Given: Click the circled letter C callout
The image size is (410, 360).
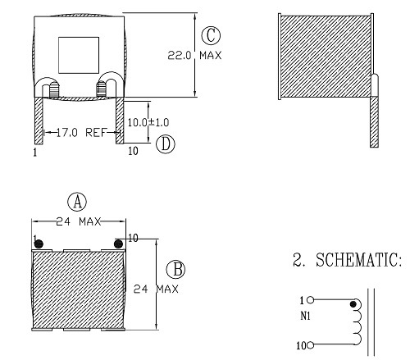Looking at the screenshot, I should (x=212, y=36).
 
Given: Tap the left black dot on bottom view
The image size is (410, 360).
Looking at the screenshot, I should (x=38, y=241).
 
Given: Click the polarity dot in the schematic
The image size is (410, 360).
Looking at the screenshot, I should (x=354, y=305).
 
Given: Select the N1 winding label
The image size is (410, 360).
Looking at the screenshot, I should (x=305, y=315).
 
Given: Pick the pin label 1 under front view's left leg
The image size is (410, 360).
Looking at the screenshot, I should (x=35, y=153).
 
